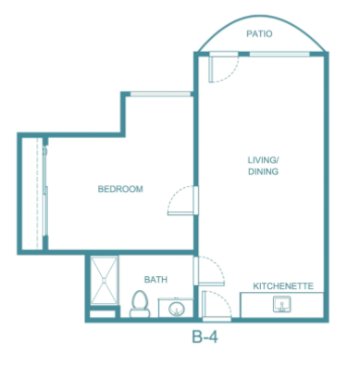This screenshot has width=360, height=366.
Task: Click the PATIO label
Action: tap(259, 33)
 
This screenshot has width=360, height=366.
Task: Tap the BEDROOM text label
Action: tap(120, 189)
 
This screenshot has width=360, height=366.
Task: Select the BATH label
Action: tap(155, 280)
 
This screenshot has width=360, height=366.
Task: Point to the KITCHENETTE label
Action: tap(283, 286)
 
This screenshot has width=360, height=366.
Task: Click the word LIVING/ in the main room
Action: tap(263, 160)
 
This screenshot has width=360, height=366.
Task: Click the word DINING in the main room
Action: tap(263, 171)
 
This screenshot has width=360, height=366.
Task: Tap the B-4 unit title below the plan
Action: tap(205, 336)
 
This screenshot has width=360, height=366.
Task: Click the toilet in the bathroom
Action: tap(140, 304)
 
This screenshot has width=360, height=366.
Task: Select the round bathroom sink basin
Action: tap(177, 309)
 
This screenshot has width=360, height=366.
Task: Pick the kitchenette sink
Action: tap(281, 304)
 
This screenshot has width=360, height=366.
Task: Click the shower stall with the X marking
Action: tap(104, 281)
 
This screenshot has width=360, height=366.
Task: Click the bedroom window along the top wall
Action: tap(160, 94)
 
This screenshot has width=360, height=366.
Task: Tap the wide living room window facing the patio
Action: tap(279, 55)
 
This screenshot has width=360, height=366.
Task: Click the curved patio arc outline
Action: tap(262, 16)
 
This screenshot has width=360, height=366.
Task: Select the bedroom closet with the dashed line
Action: tap(32, 194)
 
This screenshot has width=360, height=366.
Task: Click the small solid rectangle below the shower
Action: tap(102, 314)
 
